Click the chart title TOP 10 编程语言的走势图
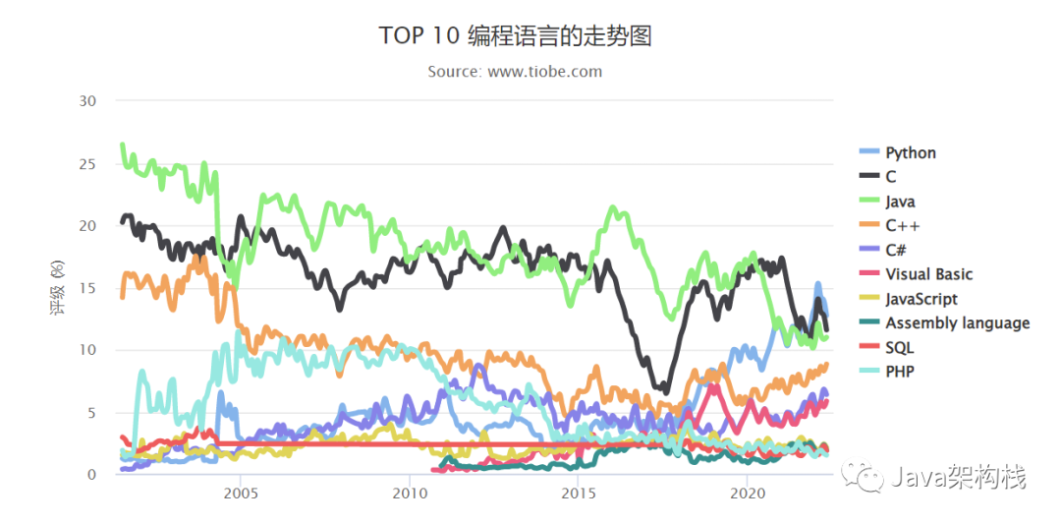(x=515, y=36)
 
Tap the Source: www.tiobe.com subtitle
(x=515, y=72)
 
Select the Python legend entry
(x=910, y=152)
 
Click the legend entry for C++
(x=901, y=225)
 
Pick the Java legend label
(x=900, y=202)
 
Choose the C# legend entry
(x=898, y=250)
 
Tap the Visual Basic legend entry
(x=928, y=274)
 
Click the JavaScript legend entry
(x=921, y=299)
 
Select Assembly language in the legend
(x=957, y=322)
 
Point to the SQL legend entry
(x=899, y=347)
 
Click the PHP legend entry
(x=899, y=372)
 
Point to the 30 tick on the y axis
(x=88, y=101)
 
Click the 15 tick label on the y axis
(x=88, y=288)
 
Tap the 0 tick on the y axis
(x=92, y=475)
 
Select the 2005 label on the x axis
(x=241, y=492)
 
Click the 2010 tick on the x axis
(x=410, y=492)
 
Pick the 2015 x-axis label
(x=580, y=492)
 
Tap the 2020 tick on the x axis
(x=749, y=492)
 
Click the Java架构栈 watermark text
(x=959, y=479)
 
